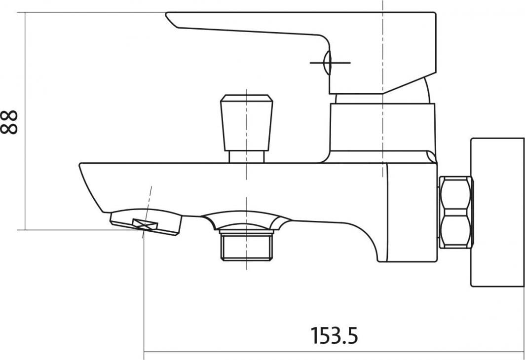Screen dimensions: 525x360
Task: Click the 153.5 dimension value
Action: tap(334, 335)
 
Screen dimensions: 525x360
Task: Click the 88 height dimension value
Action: tap(9, 122)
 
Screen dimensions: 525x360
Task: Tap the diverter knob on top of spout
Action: tap(246, 122)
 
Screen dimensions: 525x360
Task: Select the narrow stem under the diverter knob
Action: tap(246, 157)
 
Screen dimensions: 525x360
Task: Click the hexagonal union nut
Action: tap(456, 213)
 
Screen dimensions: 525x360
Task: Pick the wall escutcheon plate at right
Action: tap(497, 212)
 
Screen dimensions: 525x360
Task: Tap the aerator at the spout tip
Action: tap(146, 224)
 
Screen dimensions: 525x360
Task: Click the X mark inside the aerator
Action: tap(145, 224)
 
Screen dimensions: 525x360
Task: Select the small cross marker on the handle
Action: tap(330, 63)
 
